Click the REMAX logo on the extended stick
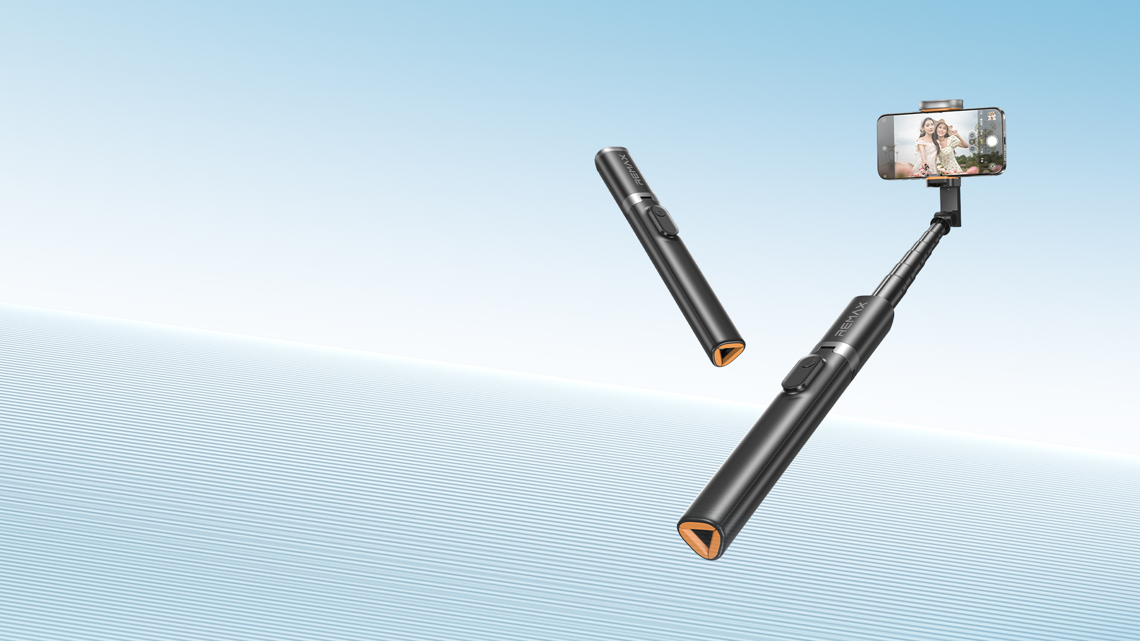[x=851, y=319]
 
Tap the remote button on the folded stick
[x=663, y=221]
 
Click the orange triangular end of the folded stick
[x=728, y=354]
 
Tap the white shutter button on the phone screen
[x=992, y=141]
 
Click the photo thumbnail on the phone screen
[x=992, y=116]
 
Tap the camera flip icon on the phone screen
[x=993, y=167]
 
